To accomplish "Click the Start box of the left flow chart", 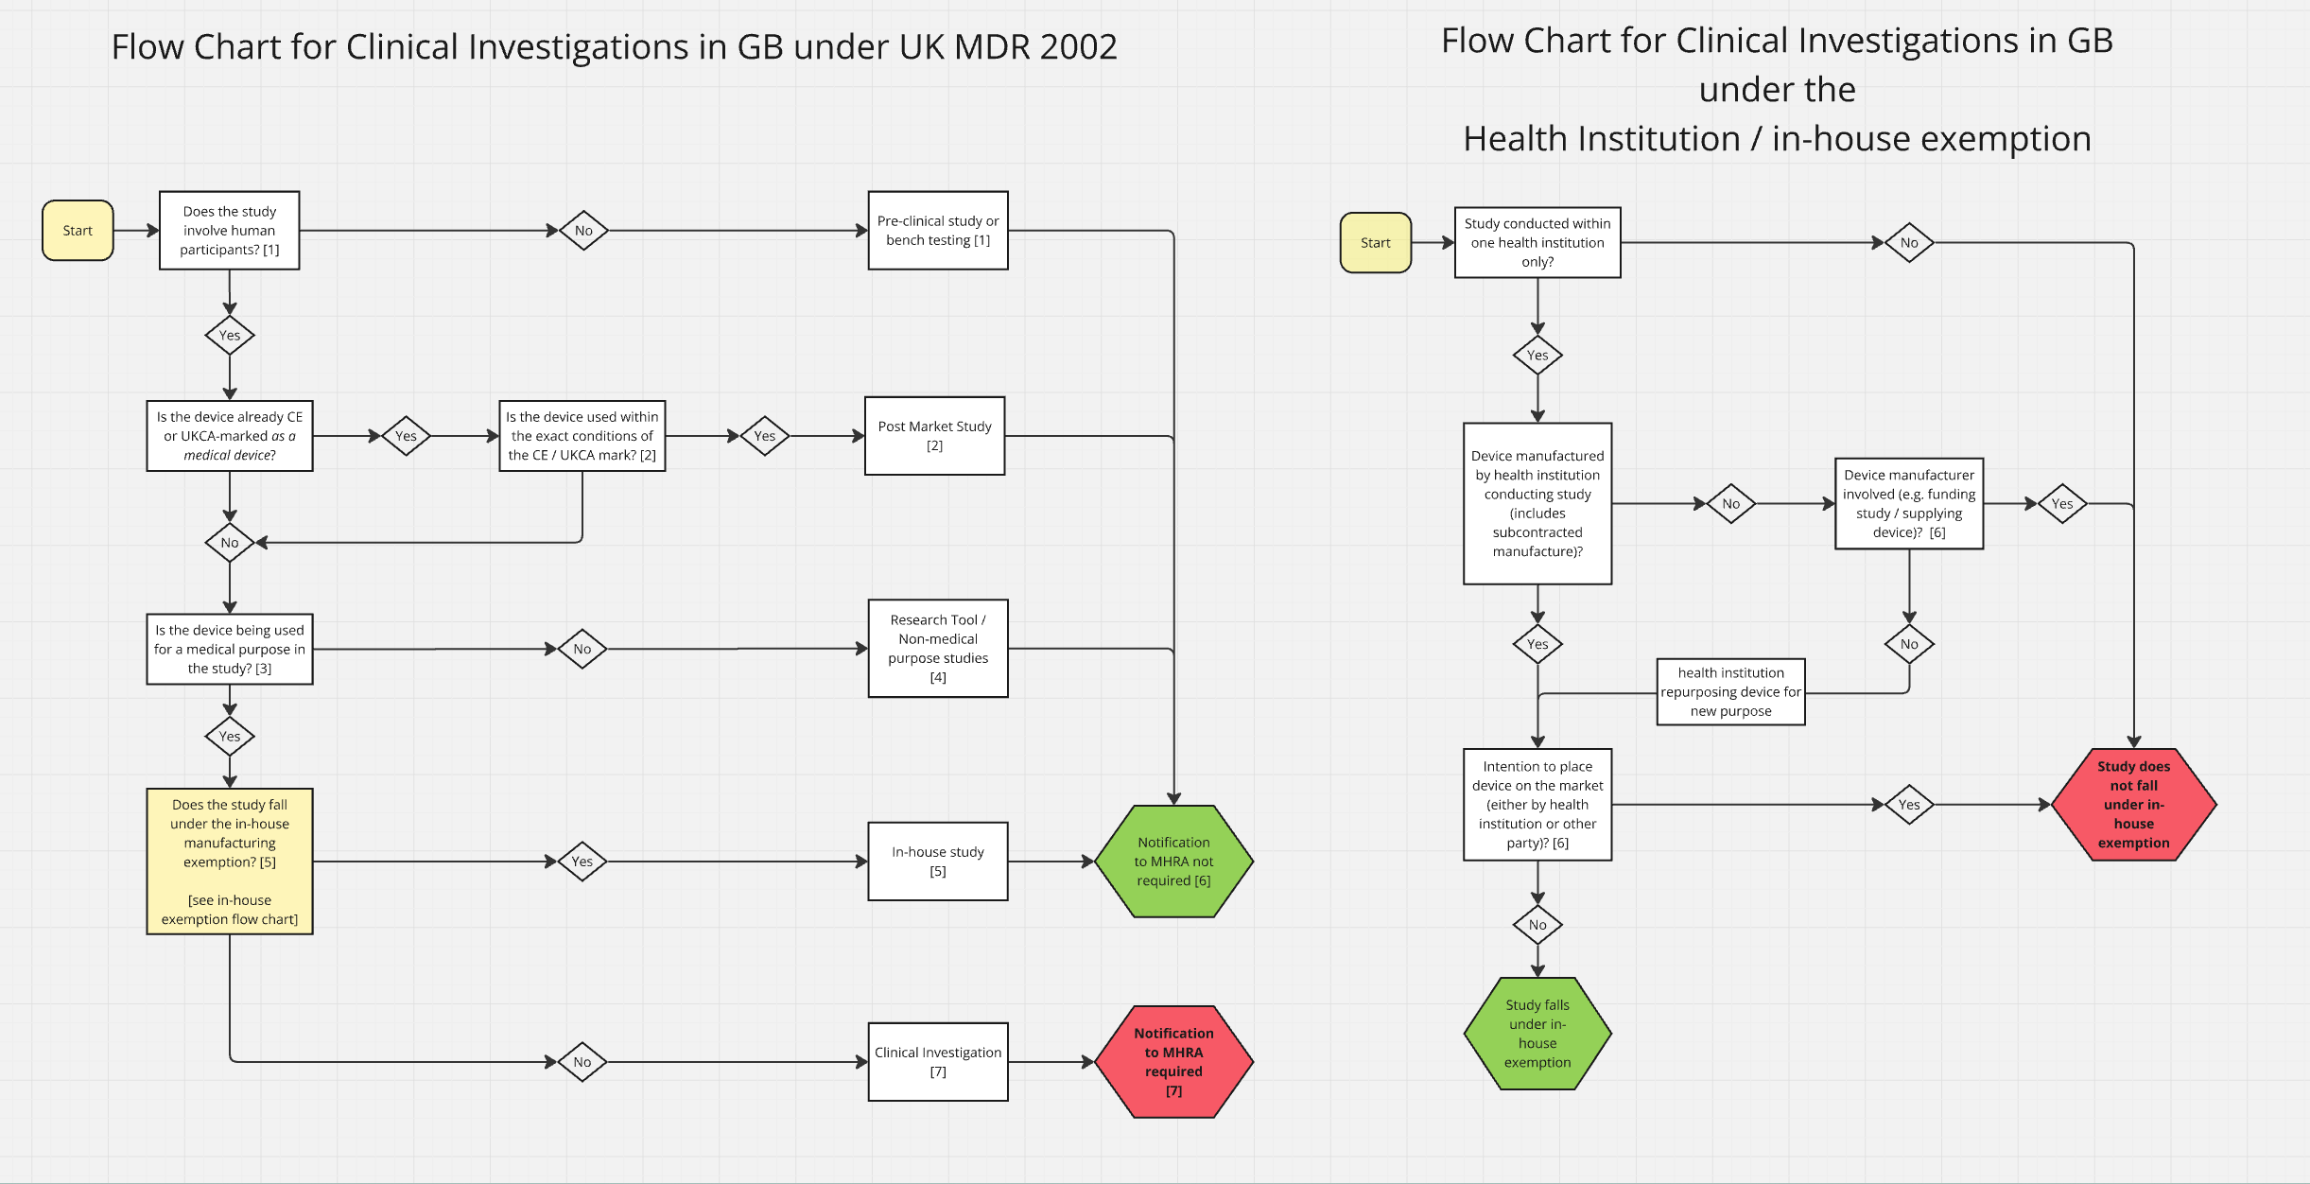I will [78, 231].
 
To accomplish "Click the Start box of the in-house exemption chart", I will [1375, 243].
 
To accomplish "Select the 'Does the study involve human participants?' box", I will [230, 231].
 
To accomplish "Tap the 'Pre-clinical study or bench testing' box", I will [938, 231].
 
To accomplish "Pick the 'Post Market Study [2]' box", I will [934, 436].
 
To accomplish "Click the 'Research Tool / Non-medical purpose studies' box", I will [938, 649].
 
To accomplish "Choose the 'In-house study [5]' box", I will [938, 862].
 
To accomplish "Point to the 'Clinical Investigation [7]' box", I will [938, 1062].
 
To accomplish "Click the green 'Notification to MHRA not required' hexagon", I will [1173, 862].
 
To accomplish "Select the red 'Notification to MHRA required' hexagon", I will [1173, 1062].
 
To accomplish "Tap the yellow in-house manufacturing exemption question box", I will [230, 862].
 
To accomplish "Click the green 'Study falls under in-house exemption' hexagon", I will [1537, 1034].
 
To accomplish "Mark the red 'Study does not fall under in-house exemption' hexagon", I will [2133, 805].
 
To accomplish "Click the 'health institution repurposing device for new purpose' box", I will [1730, 692].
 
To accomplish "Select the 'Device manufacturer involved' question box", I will [1908, 504].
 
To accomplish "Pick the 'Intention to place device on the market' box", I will [1537, 805].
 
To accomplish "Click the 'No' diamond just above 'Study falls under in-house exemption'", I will [1537, 925].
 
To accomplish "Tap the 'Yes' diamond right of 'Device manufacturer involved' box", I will [2061, 504].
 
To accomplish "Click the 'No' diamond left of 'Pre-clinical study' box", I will [583, 231].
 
